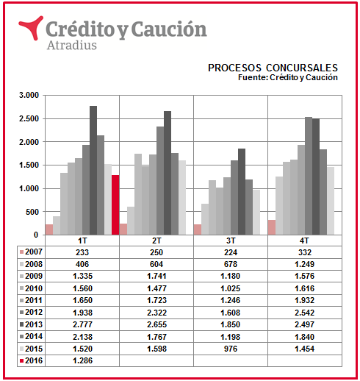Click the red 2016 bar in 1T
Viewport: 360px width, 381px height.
[115, 204]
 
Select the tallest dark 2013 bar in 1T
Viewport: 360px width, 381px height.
[93, 170]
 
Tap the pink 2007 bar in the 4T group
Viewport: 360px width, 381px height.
[272, 227]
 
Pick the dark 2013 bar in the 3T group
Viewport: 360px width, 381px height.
[242, 191]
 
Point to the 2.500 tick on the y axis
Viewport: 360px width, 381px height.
[29, 118]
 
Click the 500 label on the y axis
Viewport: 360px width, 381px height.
[32, 212]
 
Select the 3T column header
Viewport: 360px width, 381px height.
[231, 241]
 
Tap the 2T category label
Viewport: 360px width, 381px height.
[156, 241]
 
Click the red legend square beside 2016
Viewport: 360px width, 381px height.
[21, 360]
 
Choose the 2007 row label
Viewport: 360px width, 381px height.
[34, 252]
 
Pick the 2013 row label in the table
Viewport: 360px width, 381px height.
[34, 324]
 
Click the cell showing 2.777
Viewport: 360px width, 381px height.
[82, 324]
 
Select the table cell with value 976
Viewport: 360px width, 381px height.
[231, 349]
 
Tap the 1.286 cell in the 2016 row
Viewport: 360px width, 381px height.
[82, 360]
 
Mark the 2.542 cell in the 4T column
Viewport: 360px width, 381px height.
[304, 313]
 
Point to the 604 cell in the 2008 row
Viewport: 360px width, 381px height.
[156, 264]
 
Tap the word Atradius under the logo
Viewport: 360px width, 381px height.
[72, 46]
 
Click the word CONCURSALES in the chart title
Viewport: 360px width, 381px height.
[302, 68]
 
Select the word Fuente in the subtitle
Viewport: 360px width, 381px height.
[252, 77]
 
